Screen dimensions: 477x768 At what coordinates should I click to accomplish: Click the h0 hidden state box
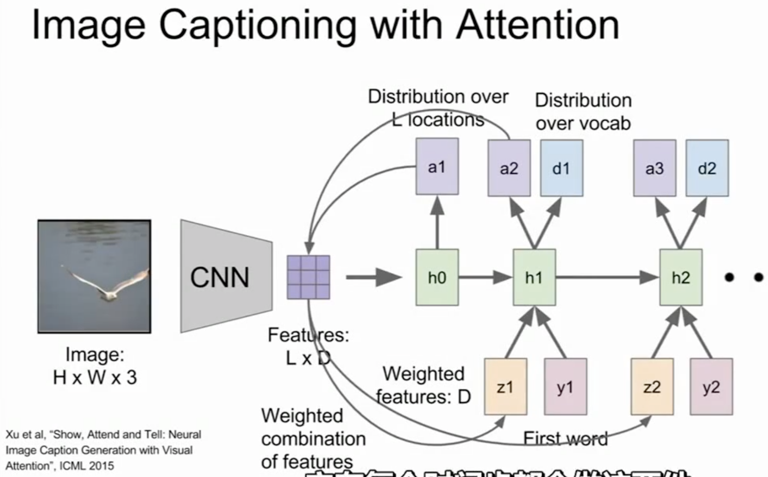(437, 277)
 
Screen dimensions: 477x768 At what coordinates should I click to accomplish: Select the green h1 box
(534, 277)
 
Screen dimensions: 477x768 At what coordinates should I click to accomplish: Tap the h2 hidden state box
(680, 277)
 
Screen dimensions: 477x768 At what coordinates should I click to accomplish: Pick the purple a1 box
(437, 167)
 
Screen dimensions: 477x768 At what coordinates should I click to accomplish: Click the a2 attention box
(508, 168)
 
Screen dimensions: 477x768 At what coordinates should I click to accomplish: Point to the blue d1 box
(561, 168)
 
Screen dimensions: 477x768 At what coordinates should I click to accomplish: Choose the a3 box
(654, 168)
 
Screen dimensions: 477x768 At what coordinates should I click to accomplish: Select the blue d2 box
(707, 168)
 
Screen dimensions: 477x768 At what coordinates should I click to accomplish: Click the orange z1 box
(505, 386)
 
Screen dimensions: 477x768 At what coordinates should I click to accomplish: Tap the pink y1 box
(565, 386)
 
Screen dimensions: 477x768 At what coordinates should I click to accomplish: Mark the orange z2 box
(652, 386)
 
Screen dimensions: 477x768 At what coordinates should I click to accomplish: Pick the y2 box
(711, 386)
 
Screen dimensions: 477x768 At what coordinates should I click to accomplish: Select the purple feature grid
(308, 277)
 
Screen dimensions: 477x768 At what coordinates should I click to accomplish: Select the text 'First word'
(565, 438)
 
